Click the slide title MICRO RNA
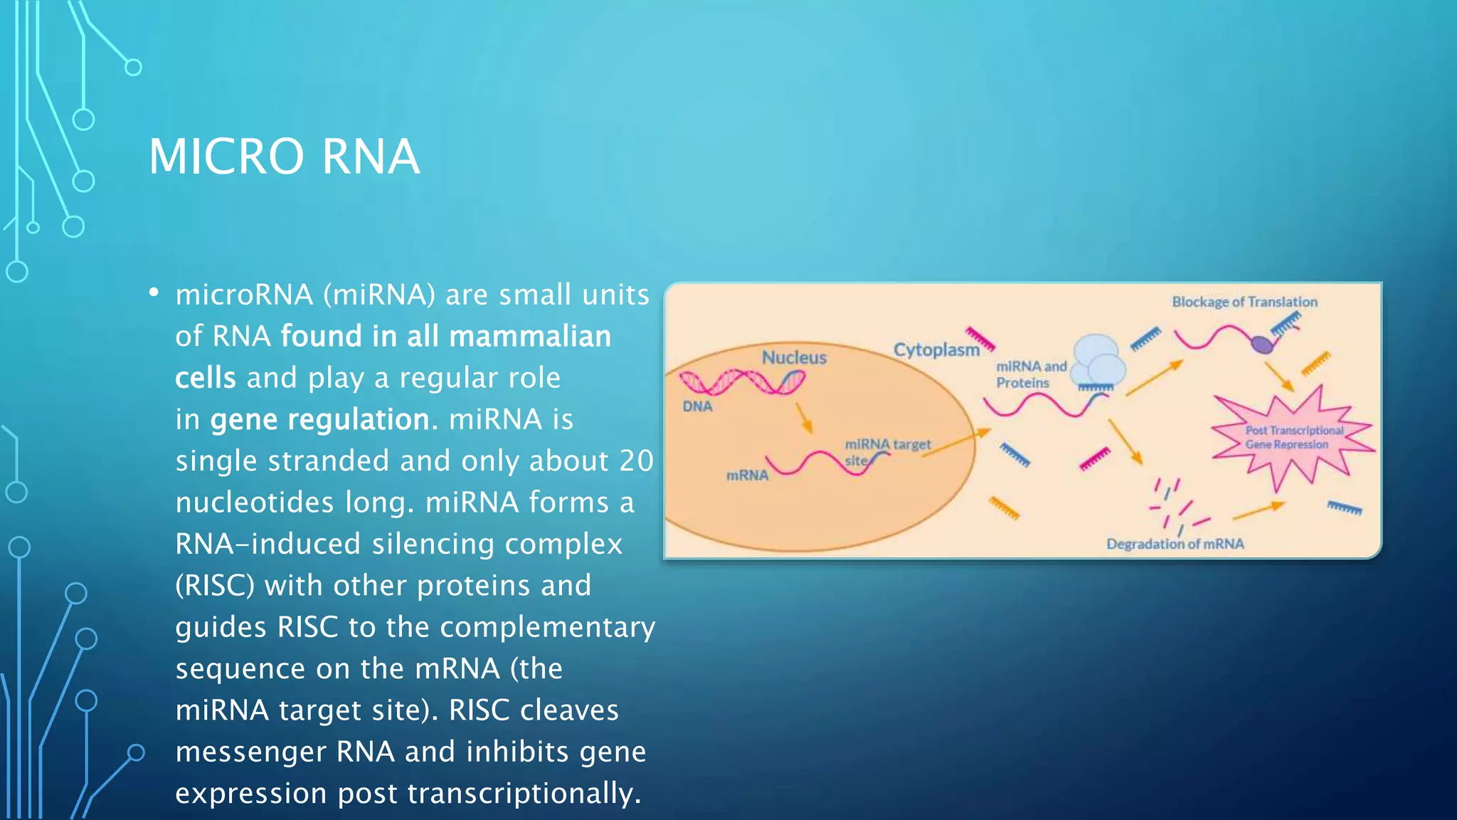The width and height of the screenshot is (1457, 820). [284, 157]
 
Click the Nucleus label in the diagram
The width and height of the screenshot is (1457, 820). [794, 357]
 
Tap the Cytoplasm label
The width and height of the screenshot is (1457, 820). [936, 349]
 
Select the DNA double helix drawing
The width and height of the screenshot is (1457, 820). [742, 383]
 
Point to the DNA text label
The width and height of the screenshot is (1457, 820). [697, 406]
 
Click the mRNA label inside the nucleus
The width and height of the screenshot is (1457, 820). [747, 475]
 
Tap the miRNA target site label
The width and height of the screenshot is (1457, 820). [887, 451]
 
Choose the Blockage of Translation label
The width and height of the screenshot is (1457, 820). [1244, 302]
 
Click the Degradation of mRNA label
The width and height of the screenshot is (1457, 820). [1175, 544]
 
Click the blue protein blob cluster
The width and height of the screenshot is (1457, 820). [1098, 361]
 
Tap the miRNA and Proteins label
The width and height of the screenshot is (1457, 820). [1031, 374]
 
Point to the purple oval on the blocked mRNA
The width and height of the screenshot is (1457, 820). [1262, 345]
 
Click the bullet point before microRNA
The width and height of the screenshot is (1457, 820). [154, 293]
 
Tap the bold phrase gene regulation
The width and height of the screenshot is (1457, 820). [319, 419]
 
